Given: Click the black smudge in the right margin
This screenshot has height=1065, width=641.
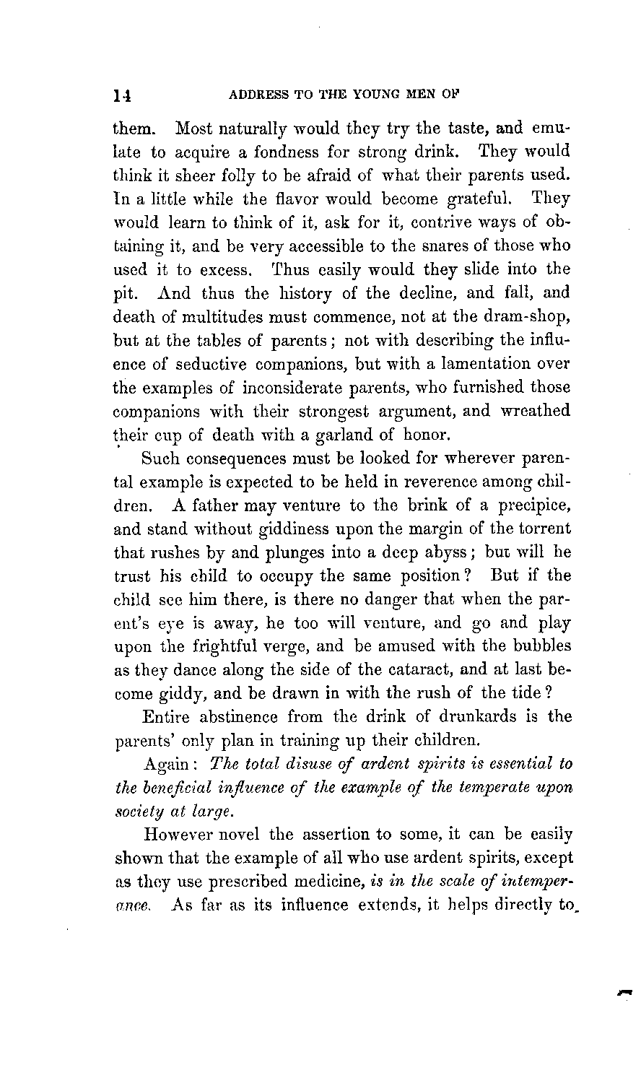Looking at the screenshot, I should coord(624,995).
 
